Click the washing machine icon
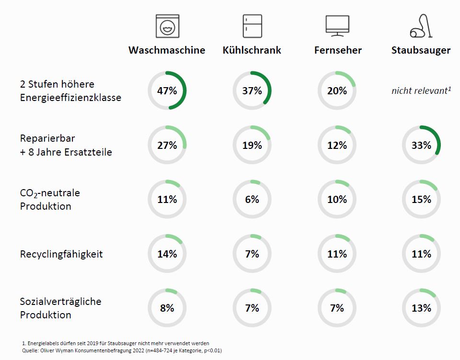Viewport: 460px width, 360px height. [x=167, y=26]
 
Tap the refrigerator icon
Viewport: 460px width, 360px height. [x=252, y=26]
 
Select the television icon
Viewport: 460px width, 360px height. [x=337, y=26]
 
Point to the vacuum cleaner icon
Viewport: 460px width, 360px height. [x=421, y=26]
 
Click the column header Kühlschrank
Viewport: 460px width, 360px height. [x=252, y=50]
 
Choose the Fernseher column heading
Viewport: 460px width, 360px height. [x=338, y=50]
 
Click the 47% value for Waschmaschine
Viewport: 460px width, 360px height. [x=167, y=90]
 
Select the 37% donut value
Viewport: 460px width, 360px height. [x=252, y=90]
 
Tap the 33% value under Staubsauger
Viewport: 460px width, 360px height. [x=421, y=145]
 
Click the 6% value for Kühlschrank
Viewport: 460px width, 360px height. [x=252, y=199]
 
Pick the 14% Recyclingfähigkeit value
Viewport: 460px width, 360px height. [x=167, y=254]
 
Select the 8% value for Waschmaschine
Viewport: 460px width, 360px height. [x=167, y=308]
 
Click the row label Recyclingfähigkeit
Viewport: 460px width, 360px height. [x=61, y=254]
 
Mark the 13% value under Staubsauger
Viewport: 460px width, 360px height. [x=421, y=308]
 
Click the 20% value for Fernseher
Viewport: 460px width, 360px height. [x=337, y=90]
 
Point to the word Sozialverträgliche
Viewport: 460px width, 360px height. [x=61, y=302]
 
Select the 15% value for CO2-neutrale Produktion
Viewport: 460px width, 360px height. [x=421, y=199]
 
